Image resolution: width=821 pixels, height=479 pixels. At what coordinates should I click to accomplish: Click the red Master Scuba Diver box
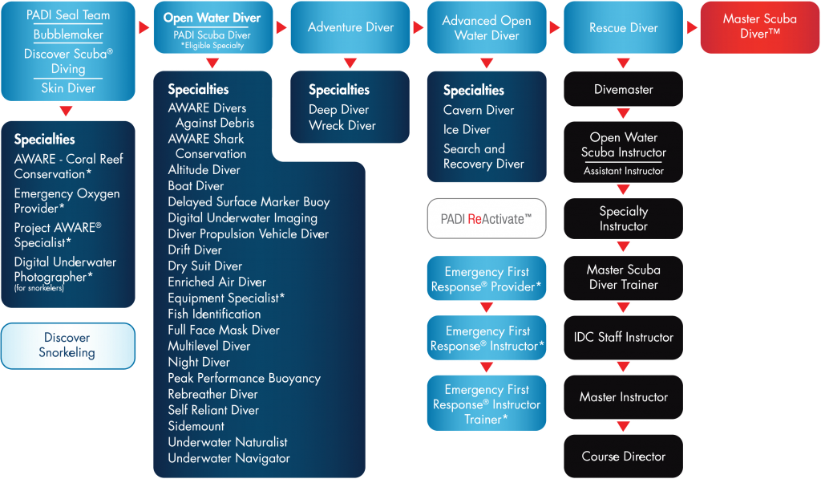point(760,26)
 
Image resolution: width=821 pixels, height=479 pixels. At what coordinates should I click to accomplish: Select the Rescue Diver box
point(623,27)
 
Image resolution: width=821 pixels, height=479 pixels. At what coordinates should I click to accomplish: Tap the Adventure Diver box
point(350,26)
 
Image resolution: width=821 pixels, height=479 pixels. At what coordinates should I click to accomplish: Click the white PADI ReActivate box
point(487,218)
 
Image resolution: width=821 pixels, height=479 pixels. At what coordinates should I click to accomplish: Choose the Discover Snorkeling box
point(67,345)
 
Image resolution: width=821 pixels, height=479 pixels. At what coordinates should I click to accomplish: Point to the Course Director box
point(623,456)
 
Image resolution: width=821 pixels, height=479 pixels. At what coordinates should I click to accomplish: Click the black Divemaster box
point(623,89)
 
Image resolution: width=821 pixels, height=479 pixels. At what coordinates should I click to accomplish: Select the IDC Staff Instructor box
point(623,337)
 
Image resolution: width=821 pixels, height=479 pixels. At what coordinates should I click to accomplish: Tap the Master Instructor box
point(623,396)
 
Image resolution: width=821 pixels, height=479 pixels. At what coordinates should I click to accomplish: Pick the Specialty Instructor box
point(623,218)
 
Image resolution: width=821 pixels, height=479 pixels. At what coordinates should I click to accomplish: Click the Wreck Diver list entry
point(342,125)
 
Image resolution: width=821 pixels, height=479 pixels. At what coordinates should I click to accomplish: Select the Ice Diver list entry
point(467,129)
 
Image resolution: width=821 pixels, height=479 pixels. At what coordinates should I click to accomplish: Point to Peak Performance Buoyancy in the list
point(244,379)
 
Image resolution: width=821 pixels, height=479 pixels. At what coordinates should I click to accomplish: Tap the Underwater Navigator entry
point(229,459)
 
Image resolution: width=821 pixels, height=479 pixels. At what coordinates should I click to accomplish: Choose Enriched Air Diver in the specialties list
point(216,282)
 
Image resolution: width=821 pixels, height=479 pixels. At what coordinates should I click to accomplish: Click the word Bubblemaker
point(68,35)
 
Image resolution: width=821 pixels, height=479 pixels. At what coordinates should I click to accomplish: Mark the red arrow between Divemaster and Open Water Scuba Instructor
point(623,113)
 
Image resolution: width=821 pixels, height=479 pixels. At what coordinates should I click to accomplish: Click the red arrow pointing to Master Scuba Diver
point(692,27)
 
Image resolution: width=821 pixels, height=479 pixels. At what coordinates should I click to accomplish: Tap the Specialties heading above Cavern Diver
point(473,90)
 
